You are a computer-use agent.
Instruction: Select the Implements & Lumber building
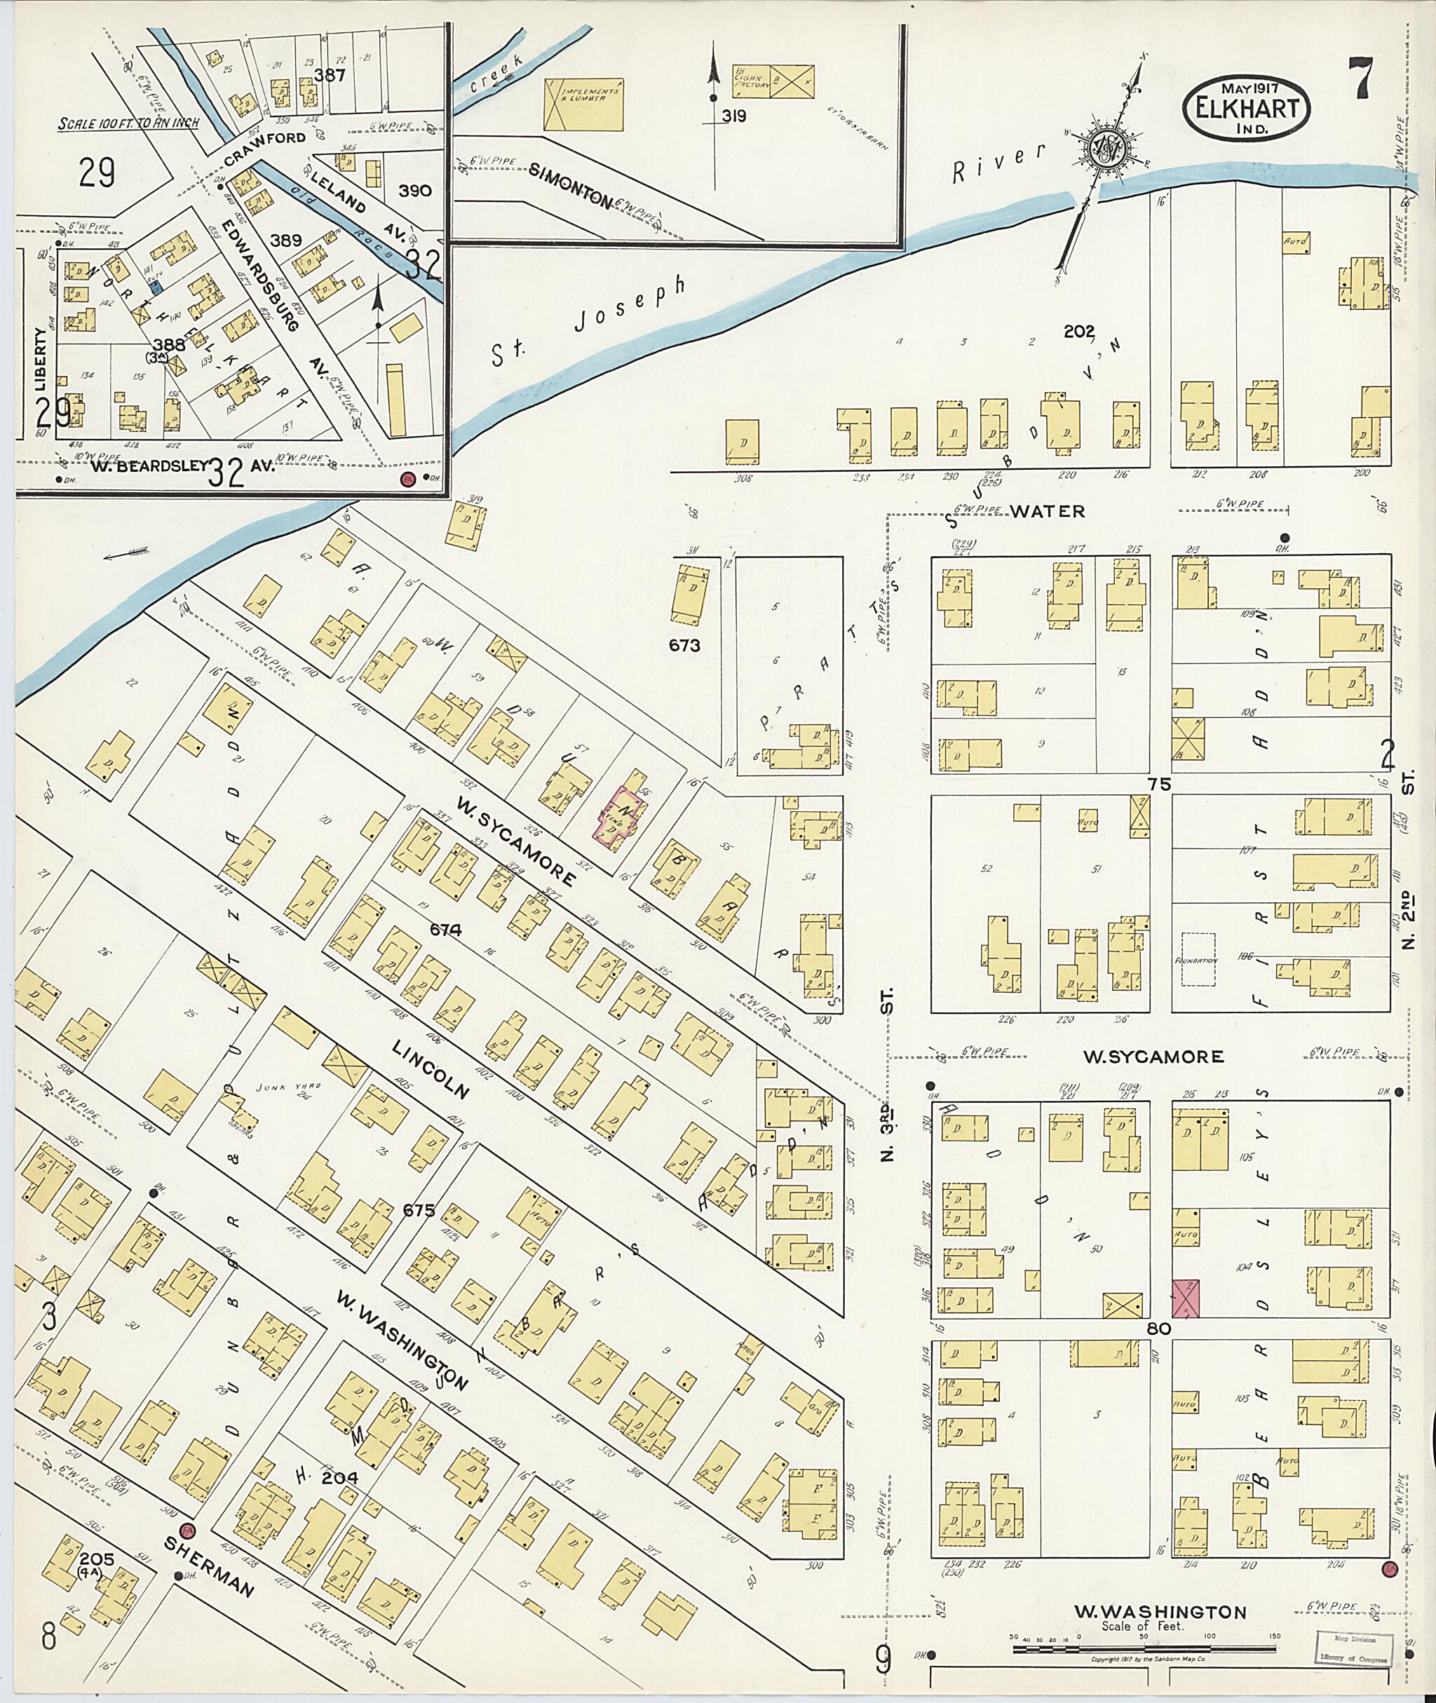point(583,104)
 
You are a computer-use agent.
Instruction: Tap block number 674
point(445,929)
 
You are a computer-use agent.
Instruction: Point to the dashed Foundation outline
point(1193,961)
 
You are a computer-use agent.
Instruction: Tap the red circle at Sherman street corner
point(188,1552)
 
